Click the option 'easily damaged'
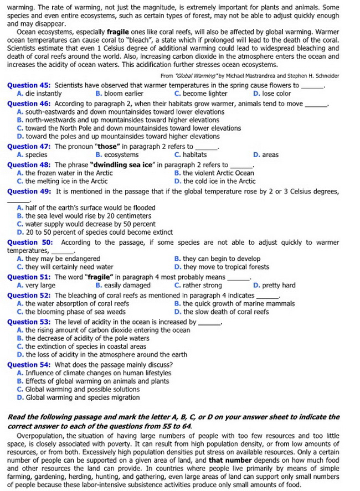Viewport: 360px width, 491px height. (123, 286)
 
